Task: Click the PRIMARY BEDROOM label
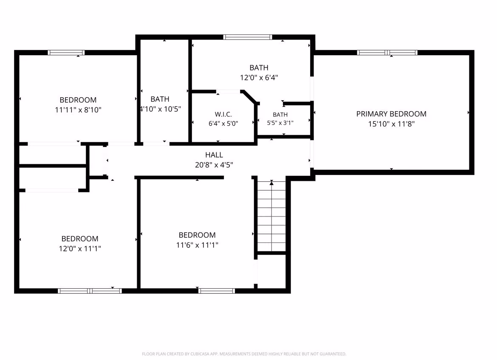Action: tap(391, 114)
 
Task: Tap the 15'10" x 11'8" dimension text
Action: tap(391, 124)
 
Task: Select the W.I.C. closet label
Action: tap(223, 114)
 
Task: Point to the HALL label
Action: tap(214, 155)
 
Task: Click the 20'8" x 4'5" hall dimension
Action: tap(214, 165)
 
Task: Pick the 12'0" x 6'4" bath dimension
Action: tap(259, 78)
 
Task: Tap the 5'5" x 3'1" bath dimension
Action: tap(280, 123)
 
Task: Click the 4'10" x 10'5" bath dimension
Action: tap(161, 109)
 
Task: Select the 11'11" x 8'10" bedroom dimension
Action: tap(78, 110)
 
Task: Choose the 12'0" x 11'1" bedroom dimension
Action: tap(80, 249)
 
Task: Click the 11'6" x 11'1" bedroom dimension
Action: tap(197, 245)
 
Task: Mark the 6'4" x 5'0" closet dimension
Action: tap(223, 124)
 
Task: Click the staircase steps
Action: tap(271, 216)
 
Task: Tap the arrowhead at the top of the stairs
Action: tap(271, 183)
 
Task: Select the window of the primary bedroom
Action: tap(387, 53)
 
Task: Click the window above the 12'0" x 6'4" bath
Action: tap(248, 37)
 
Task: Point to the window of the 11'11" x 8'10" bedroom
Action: tap(66, 53)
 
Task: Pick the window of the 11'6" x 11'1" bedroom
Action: tap(217, 291)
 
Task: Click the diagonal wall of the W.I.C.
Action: tap(249, 97)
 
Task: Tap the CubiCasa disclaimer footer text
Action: tap(244, 354)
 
